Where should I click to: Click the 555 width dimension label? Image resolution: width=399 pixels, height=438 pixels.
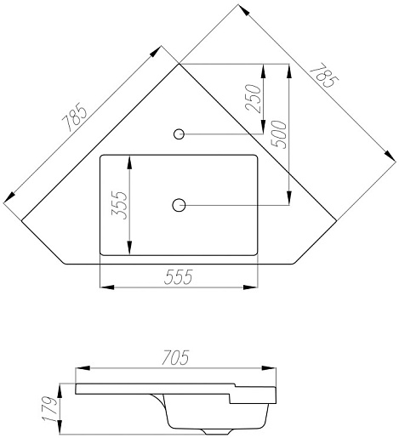tap(179, 276)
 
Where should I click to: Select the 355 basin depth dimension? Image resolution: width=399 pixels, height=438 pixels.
tap(119, 205)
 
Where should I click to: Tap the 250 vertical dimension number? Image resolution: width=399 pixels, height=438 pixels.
tap(253, 99)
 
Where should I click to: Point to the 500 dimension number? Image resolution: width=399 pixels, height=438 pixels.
tap(279, 134)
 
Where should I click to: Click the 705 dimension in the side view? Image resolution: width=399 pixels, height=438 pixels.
tap(175, 357)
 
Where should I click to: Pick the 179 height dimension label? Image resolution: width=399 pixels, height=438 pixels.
tap(49, 408)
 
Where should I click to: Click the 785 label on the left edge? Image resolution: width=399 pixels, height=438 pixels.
tap(75, 118)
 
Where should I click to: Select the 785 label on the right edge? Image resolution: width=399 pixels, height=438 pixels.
tap(324, 75)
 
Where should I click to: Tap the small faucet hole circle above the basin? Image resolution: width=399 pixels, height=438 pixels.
tap(179, 134)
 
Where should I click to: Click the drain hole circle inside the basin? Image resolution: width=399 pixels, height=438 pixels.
tap(179, 205)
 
